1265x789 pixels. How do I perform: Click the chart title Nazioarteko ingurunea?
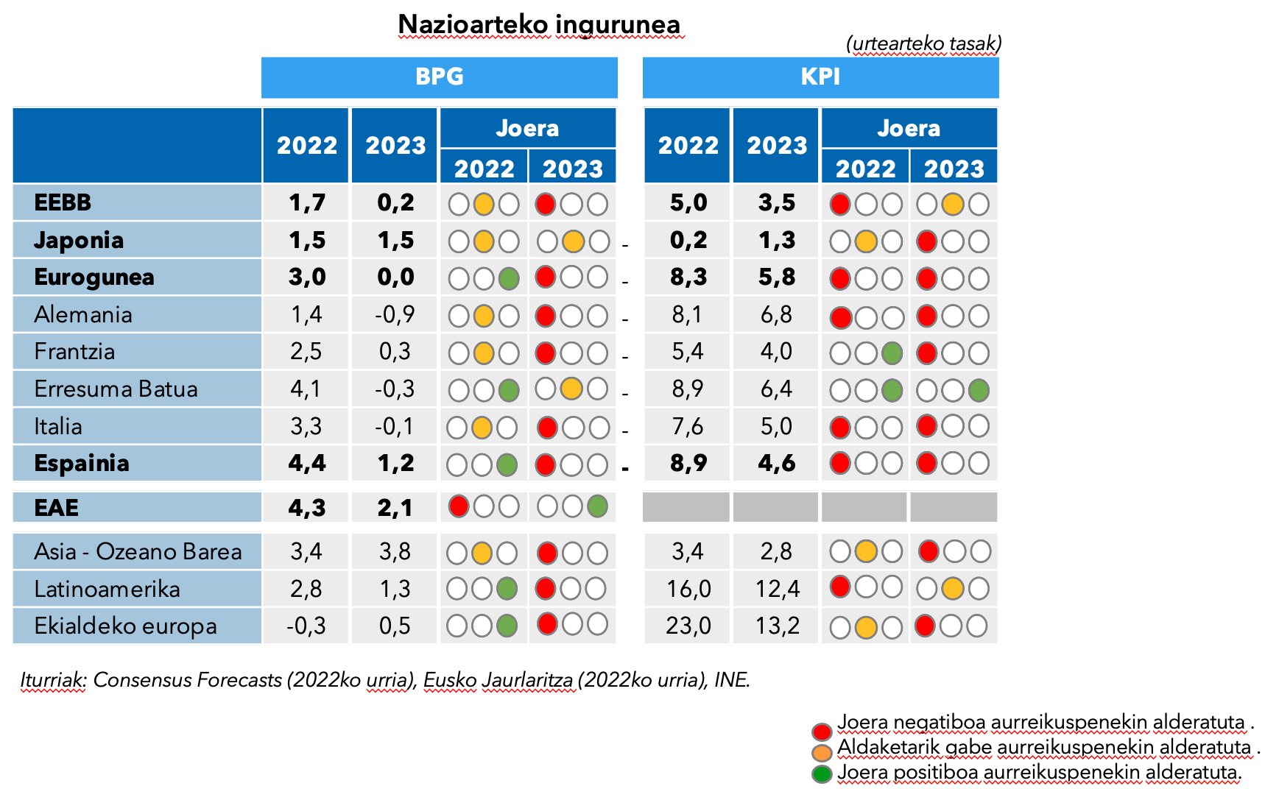pos(539,24)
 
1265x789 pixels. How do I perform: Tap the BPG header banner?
pos(440,77)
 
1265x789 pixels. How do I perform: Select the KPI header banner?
pos(820,77)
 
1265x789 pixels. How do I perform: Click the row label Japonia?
pos(79,240)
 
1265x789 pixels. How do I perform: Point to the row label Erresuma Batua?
pos(116,389)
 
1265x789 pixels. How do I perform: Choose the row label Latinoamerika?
pos(107,589)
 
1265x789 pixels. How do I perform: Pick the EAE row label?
pos(57,507)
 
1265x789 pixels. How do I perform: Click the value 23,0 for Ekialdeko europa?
pos(688,626)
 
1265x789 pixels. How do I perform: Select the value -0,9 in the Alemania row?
pos(395,314)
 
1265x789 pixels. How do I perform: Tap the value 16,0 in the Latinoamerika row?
pos(688,589)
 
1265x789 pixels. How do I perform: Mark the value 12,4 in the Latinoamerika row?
pos(777,589)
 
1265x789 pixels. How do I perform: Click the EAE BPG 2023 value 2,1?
pos(395,507)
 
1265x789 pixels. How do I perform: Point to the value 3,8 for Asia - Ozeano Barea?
pos(395,551)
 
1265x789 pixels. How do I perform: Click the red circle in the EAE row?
pos(459,506)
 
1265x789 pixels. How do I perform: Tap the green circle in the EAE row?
pos(597,506)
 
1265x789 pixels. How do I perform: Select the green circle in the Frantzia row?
pos(892,353)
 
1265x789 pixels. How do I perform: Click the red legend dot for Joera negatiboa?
pos(822,732)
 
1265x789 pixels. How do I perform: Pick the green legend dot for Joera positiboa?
pos(822,774)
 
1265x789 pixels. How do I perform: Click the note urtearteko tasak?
pos(924,43)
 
